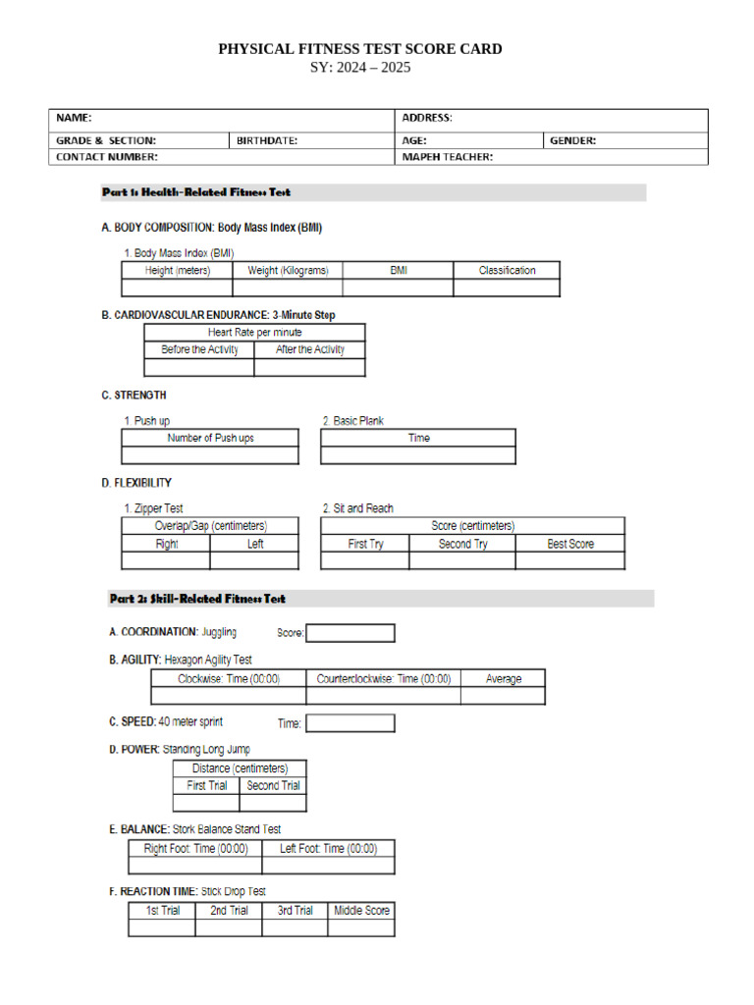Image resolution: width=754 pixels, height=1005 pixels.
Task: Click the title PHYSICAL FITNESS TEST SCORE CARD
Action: [359, 49]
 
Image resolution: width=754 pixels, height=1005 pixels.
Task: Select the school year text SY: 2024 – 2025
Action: [359, 68]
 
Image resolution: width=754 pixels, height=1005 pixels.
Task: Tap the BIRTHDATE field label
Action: [267, 140]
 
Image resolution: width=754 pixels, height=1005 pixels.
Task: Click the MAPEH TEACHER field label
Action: [448, 156]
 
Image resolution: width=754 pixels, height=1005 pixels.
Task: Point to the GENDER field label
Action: [572, 140]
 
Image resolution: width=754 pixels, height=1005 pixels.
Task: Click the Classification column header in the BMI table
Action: [507, 270]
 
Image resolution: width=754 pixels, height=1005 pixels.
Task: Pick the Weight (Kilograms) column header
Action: [288, 270]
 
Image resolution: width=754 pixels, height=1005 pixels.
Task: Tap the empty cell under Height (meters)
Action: [177, 288]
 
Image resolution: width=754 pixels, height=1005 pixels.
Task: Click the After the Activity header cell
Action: [309, 349]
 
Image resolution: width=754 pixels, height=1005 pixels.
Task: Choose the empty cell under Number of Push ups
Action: [210, 455]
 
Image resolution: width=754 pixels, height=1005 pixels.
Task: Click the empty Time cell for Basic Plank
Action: [417, 455]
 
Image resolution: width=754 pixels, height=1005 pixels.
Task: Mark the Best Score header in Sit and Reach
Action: [570, 544]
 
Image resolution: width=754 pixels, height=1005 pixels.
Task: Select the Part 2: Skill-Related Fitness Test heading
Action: [197, 599]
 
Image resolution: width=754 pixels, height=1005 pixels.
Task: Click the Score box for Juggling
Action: [350, 633]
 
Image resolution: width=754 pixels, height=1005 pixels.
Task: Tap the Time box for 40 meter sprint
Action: [350, 723]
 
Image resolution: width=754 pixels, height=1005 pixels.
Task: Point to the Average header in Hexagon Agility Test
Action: [503, 678]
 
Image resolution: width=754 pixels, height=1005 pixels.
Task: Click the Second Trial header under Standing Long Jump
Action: [273, 785]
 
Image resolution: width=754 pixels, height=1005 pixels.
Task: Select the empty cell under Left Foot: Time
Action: [328, 866]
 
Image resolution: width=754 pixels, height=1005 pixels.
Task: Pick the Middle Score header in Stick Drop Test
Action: [361, 911]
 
